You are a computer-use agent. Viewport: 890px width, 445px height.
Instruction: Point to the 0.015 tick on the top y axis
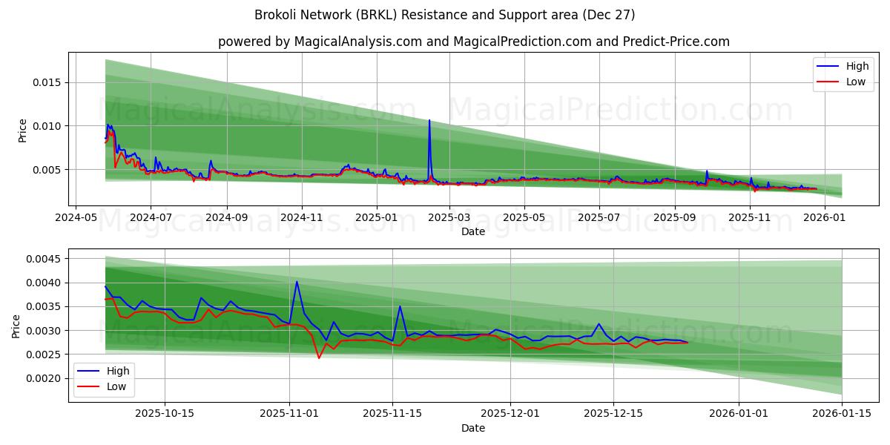(47, 82)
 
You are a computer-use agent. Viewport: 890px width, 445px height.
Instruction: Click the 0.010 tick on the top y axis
(47, 126)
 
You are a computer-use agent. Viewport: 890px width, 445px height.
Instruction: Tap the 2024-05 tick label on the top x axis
(75, 218)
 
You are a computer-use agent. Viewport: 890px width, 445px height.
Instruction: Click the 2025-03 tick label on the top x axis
(449, 218)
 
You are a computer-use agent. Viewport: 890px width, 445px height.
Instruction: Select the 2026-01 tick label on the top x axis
(825, 218)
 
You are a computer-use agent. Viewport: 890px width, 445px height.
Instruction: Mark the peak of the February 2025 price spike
(429, 120)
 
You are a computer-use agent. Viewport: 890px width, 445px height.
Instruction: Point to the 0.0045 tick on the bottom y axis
(44, 259)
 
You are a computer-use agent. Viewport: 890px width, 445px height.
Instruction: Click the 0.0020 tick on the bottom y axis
(44, 378)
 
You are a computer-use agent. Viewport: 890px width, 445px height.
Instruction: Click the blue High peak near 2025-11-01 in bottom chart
(297, 281)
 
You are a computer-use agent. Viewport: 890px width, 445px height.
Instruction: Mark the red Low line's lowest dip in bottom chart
(319, 358)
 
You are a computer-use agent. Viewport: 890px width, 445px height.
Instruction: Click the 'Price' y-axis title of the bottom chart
(17, 326)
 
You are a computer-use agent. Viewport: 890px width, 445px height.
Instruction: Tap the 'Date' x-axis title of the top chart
(473, 231)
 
